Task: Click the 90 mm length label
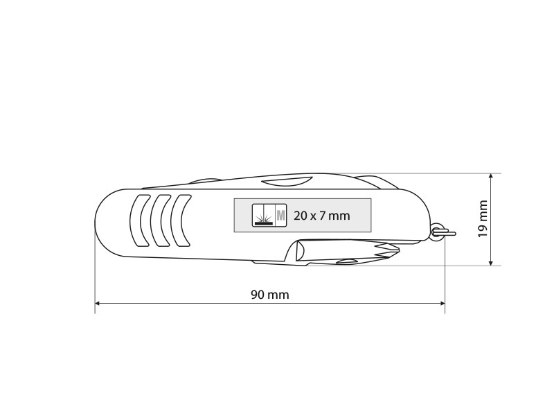pos(270,295)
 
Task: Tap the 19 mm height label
pos(483,219)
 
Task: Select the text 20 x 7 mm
pos(321,216)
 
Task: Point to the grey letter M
pos(281,216)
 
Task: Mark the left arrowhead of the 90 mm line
pos(98,304)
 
